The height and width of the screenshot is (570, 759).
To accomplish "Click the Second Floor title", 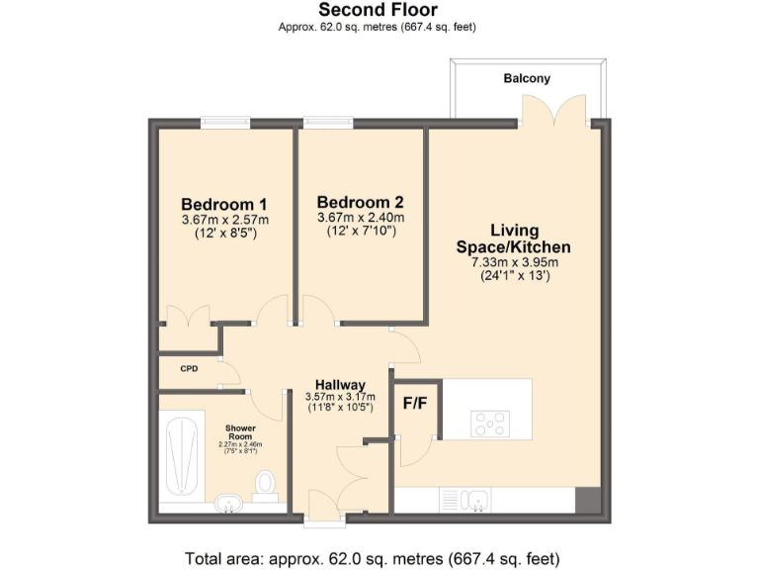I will pyautogui.click(x=379, y=10).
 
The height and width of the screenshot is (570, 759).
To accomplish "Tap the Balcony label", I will pyautogui.click(x=527, y=78).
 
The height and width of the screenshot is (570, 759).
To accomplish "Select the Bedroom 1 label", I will pyautogui.click(x=224, y=205).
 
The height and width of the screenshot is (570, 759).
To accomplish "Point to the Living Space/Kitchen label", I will pyautogui.click(x=513, y=238).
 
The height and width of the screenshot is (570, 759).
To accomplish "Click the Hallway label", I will pyautogui.click(x=340, y=385).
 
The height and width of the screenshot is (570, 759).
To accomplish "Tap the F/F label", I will pyautogui.click(x=415, y=404).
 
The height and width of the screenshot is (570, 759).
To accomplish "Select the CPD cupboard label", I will pyautogui.click(x=189, y=369).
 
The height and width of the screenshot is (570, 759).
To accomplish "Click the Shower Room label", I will pyautogui.click(x=240, y=432).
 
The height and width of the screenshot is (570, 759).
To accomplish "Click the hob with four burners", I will pyautogui.click(x=491, y=423).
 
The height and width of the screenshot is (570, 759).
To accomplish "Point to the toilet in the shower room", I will pyautogui.click(x=265, y=485).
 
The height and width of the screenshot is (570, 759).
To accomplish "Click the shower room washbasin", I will pyautogui.click(x=229, y=504).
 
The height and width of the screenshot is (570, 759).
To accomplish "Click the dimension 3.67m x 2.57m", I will pyautogui.click(x=224, y=220).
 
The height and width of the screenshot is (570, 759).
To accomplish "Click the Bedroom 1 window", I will pyautogui.click(x=224, y=124).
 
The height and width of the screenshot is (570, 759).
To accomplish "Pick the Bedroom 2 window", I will pyautogui.click(x=327, y=124).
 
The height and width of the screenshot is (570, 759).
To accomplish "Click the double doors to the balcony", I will pyautogui.click(x=550, y=111).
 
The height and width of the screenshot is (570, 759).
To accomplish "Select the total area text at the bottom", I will pyautogui.click(x=379, y=557).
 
